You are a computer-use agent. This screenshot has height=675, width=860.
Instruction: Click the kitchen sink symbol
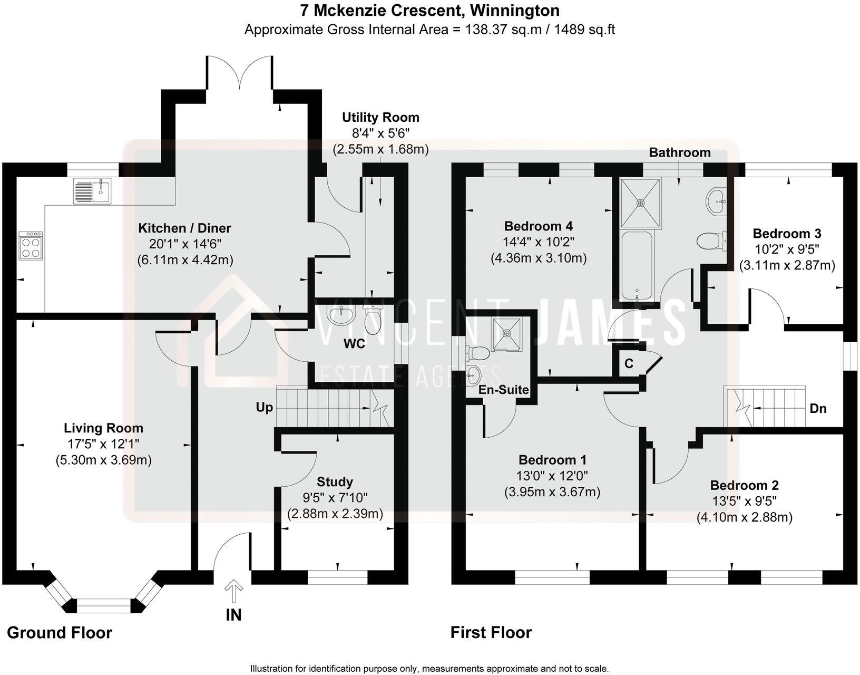[x=92, y=191]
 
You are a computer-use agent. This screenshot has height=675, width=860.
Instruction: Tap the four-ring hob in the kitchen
[x=31, y=245]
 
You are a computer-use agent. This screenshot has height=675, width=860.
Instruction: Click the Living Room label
[x=103, y=428]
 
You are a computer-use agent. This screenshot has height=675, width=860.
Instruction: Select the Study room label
[x=335, y=482]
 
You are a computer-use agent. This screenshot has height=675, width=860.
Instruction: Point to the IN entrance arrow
[x=233, y=592]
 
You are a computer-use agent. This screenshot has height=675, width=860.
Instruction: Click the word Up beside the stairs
[x=265, y=408]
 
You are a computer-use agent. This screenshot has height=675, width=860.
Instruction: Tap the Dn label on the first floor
[x=818, y=408]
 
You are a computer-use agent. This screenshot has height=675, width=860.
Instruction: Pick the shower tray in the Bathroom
[x=641, y=203]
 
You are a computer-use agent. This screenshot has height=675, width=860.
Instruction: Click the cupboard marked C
[x=629, y=363]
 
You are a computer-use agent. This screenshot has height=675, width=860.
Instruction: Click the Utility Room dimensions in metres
[x=380, y=149]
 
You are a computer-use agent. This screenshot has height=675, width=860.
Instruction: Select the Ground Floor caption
[x=60, y=633]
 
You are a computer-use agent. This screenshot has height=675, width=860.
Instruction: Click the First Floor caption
[x=491, y=633]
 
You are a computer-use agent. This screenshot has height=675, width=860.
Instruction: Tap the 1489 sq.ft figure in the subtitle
[x=584, y=30]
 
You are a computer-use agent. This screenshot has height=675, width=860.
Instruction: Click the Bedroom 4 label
[x=539, y=226]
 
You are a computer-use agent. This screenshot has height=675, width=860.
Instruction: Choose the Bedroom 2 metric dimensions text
[x=745, y=517]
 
